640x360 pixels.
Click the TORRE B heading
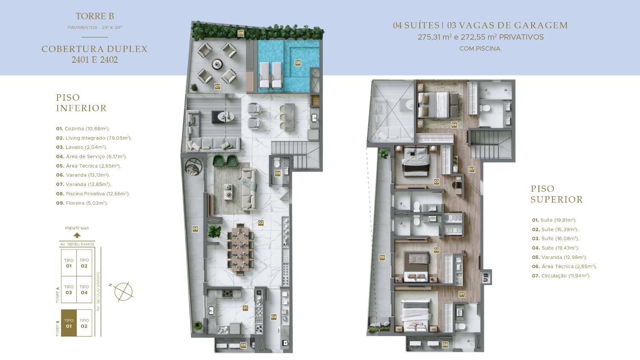click(x=95, y=16)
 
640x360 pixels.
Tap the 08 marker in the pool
click(x=298, y=63)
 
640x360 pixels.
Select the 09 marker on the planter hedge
click(x=241, y=33)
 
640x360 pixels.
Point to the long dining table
click(x=240, y=250)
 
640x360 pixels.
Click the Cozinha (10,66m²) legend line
click(x=83, y=128)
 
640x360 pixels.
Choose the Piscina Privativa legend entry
click(x=93, y=194)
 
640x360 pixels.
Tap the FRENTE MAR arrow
click(x=77, y=235)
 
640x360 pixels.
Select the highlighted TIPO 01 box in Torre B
click(x=69, y=323)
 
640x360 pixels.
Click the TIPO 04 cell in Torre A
click(x=84, y=290)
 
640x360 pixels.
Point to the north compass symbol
click(x=123, y=291)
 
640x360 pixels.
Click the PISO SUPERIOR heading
click(x=556, y=194)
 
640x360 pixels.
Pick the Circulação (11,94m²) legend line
click(x=561, y=276)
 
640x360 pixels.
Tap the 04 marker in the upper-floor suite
click(x=454, y=125)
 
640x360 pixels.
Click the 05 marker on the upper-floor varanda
click(x=382, y=258)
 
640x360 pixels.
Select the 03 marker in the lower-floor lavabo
click(x=277, y=173)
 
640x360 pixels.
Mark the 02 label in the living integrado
click(x=261, y=223)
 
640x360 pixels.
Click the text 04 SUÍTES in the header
click(x=416, y=26)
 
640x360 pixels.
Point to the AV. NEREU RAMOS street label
click(x=77, y=244)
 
